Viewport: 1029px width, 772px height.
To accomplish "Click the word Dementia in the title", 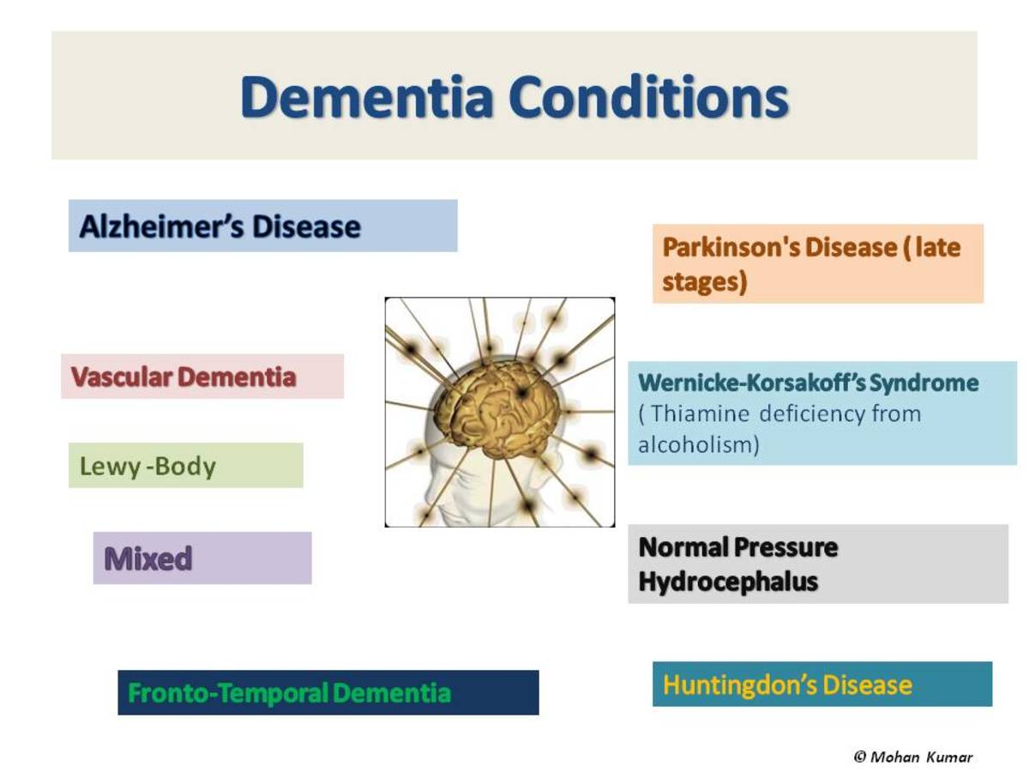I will (367, 96).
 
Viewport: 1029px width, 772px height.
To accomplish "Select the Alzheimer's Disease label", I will (220, 226).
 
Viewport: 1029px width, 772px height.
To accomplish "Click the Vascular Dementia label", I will (184, 377).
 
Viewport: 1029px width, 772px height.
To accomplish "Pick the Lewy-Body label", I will (147, 467).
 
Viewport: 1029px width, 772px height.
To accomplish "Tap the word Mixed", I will (147, 559).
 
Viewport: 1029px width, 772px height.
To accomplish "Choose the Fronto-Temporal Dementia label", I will (289, 693).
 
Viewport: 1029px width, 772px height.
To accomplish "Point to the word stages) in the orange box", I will (704, 282).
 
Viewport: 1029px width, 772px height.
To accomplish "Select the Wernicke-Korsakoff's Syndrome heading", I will (809, 383).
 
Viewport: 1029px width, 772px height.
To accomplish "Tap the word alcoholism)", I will (699, 446).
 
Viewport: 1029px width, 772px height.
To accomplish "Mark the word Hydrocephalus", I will (728, 582).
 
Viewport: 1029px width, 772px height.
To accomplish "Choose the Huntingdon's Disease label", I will (787, 685).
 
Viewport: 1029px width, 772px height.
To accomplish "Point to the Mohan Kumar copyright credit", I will (913, 757).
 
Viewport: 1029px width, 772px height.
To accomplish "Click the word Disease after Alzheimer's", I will (306, 226).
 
